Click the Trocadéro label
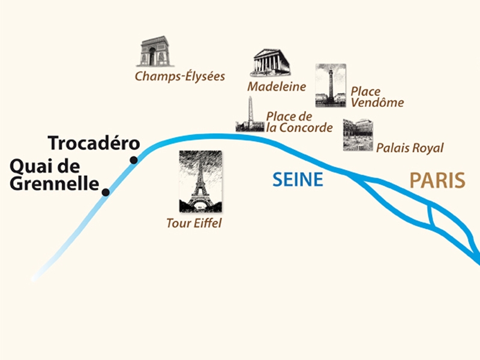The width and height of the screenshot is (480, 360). pos(93,143)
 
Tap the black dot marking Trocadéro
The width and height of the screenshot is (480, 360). pos(134,160)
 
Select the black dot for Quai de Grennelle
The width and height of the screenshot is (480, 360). pos(106,192)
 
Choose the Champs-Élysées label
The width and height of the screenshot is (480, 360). pos(179,76)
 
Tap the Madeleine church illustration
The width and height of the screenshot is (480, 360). pos(269,62)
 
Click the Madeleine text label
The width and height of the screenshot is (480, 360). pos(277,86)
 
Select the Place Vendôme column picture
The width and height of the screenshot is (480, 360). pos(330,85)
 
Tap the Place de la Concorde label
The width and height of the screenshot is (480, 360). pos(299,122)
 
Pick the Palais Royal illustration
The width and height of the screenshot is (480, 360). pos(358,134)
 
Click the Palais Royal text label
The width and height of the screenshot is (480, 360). pos(409,148)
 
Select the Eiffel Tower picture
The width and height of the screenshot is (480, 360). pos(200,181)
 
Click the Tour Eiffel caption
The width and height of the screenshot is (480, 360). pos(194,224)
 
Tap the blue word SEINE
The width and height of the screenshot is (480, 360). pos(298,179)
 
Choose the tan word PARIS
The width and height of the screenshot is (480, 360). pos(437,179)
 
